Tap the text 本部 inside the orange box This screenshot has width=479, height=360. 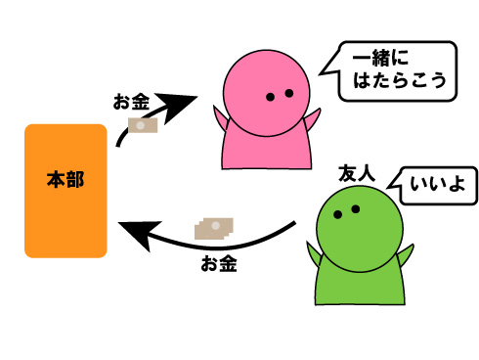65,180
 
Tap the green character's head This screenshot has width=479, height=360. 361,222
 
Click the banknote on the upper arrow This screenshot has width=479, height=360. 144,126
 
